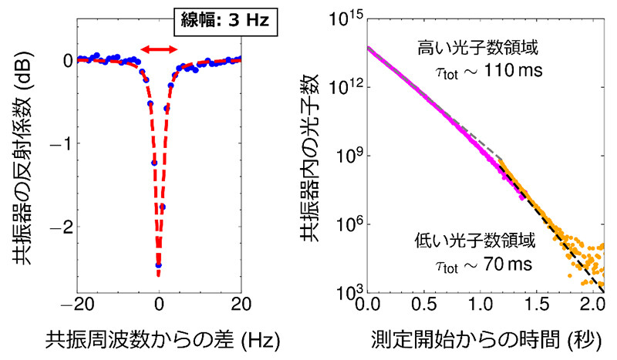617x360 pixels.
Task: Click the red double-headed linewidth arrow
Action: click(159, 49)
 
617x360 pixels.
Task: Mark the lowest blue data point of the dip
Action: click(159, 264)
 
